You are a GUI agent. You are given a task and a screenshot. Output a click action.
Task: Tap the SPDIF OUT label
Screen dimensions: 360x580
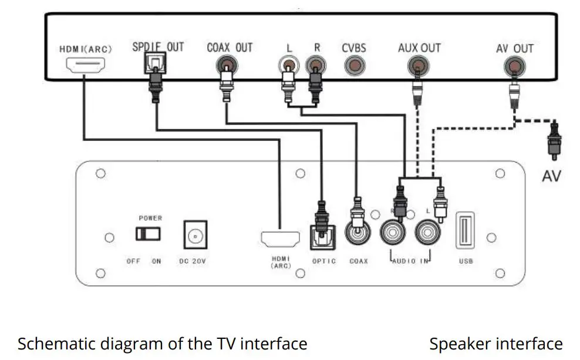[157, 47]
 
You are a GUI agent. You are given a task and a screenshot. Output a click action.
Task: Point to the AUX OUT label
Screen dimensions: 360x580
[419, 48]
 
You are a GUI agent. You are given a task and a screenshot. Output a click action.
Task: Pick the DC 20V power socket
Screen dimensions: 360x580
[195, 235]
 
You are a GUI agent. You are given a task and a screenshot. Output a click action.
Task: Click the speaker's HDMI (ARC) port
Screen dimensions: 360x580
[280, 238]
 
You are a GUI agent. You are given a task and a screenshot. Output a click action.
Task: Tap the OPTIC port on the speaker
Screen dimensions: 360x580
[321, 237]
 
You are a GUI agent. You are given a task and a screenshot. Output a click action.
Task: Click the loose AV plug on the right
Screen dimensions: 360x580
[552, 142]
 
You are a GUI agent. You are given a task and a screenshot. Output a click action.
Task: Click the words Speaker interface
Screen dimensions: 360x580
[495, 344]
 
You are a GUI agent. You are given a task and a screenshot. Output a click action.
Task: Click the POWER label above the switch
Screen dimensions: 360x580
[150, 218]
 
